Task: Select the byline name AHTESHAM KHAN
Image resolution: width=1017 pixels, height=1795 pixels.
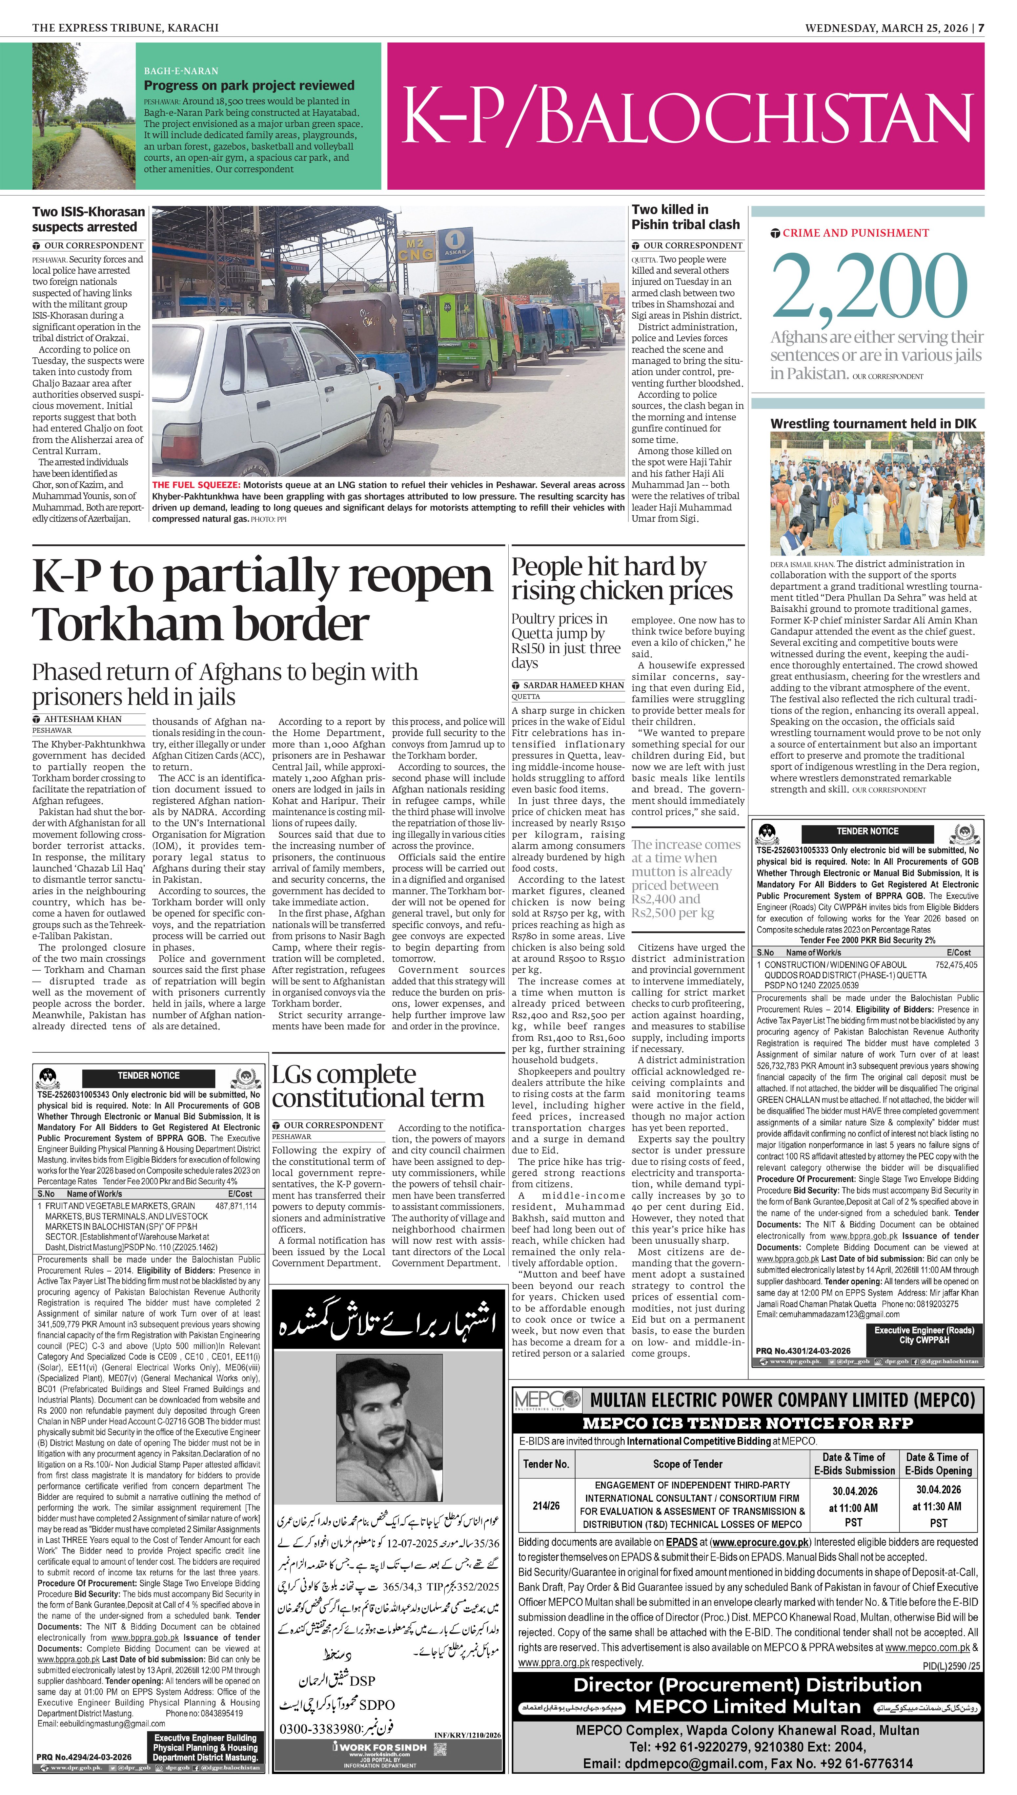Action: click(x=82, y=719)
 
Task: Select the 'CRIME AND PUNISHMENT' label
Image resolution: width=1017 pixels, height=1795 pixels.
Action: click(x=855, y=233)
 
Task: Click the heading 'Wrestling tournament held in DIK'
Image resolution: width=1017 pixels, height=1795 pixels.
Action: click(x=873, y=423)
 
